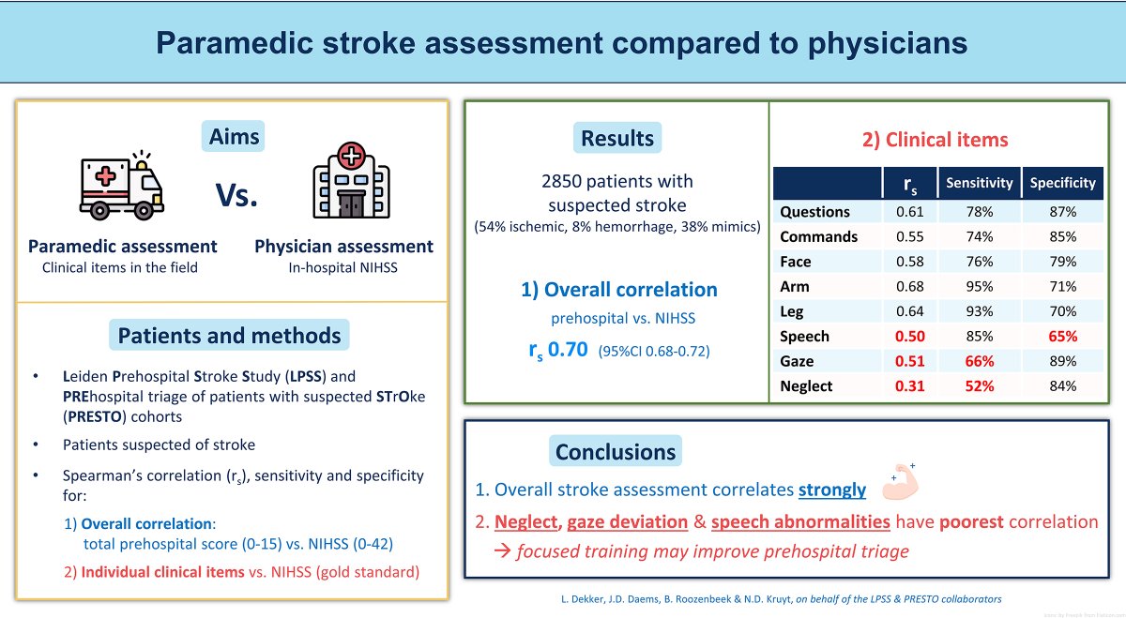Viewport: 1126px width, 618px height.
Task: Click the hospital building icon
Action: pyautogui.click(x=351, y=182)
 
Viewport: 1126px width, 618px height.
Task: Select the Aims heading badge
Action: pyautogui.click(x=234, y=138)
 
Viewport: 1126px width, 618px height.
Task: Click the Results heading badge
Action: pyautogui.click(x=616, y=139)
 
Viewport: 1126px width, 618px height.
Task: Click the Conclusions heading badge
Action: pyautogui.click(x=615, y=452)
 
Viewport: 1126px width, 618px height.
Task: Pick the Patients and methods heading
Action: pyautogui.click(x=229, y=335)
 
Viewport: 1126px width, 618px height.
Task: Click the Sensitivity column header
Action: pyautogui.click(x=979, y=183)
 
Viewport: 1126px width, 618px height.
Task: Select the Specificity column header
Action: pyautogui.click(x=1062, y=183)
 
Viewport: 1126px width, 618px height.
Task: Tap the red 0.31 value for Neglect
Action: pyautogui.click(x=909, y=385)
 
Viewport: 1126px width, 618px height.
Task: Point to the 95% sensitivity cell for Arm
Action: pyautogui.click(x=979, y=286)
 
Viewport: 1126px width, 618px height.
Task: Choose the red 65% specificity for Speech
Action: pyautogui.click(x=1062, y=336)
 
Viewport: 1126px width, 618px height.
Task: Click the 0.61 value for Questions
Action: pyautogui.click(x=909, y=212)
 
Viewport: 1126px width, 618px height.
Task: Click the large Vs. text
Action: pyautogui.click(x=236, y=198)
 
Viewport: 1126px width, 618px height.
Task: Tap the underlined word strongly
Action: pyautogui.click(x=832, y=489)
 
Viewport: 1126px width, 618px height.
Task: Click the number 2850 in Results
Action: pyautogui.click(x=565, y=182)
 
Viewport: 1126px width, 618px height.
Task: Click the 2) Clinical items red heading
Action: pyautogui.click(x=935, y=141)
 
